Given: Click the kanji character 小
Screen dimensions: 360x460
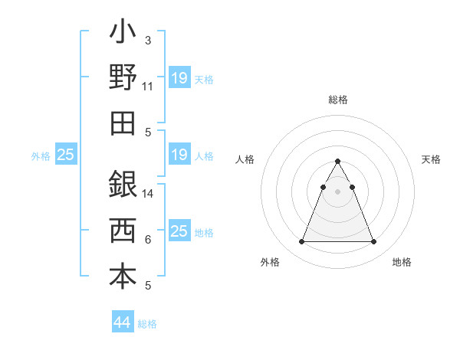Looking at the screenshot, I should (123, 33).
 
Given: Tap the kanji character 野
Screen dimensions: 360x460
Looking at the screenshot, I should (123, 77).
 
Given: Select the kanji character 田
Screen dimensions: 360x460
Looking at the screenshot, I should (123, 123).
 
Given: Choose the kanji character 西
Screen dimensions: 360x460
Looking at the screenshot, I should (123, 230).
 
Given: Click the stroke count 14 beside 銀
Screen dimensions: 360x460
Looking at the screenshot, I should (149, 194).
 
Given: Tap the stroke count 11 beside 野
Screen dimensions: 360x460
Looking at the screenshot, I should (149, 87).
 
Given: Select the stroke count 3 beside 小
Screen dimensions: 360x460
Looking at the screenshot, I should (148, 40).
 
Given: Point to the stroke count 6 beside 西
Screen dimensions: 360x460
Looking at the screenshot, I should (148, 240).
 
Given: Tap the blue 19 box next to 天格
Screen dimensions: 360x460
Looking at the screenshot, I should (179, 78).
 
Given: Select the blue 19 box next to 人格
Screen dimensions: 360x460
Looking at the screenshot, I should (179, 155).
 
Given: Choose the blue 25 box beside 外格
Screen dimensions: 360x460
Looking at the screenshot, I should (66, 155).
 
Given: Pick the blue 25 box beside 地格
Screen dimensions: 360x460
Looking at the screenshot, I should (179, 231).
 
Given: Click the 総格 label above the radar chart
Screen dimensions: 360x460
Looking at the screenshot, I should (338, 100).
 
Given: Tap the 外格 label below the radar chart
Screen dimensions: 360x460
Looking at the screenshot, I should (270, 262).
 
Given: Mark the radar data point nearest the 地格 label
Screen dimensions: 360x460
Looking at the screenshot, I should (374, 242).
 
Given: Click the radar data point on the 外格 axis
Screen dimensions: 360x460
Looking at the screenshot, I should (301, 242).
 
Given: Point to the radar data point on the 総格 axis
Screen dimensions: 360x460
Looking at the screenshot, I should (338, 162).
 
